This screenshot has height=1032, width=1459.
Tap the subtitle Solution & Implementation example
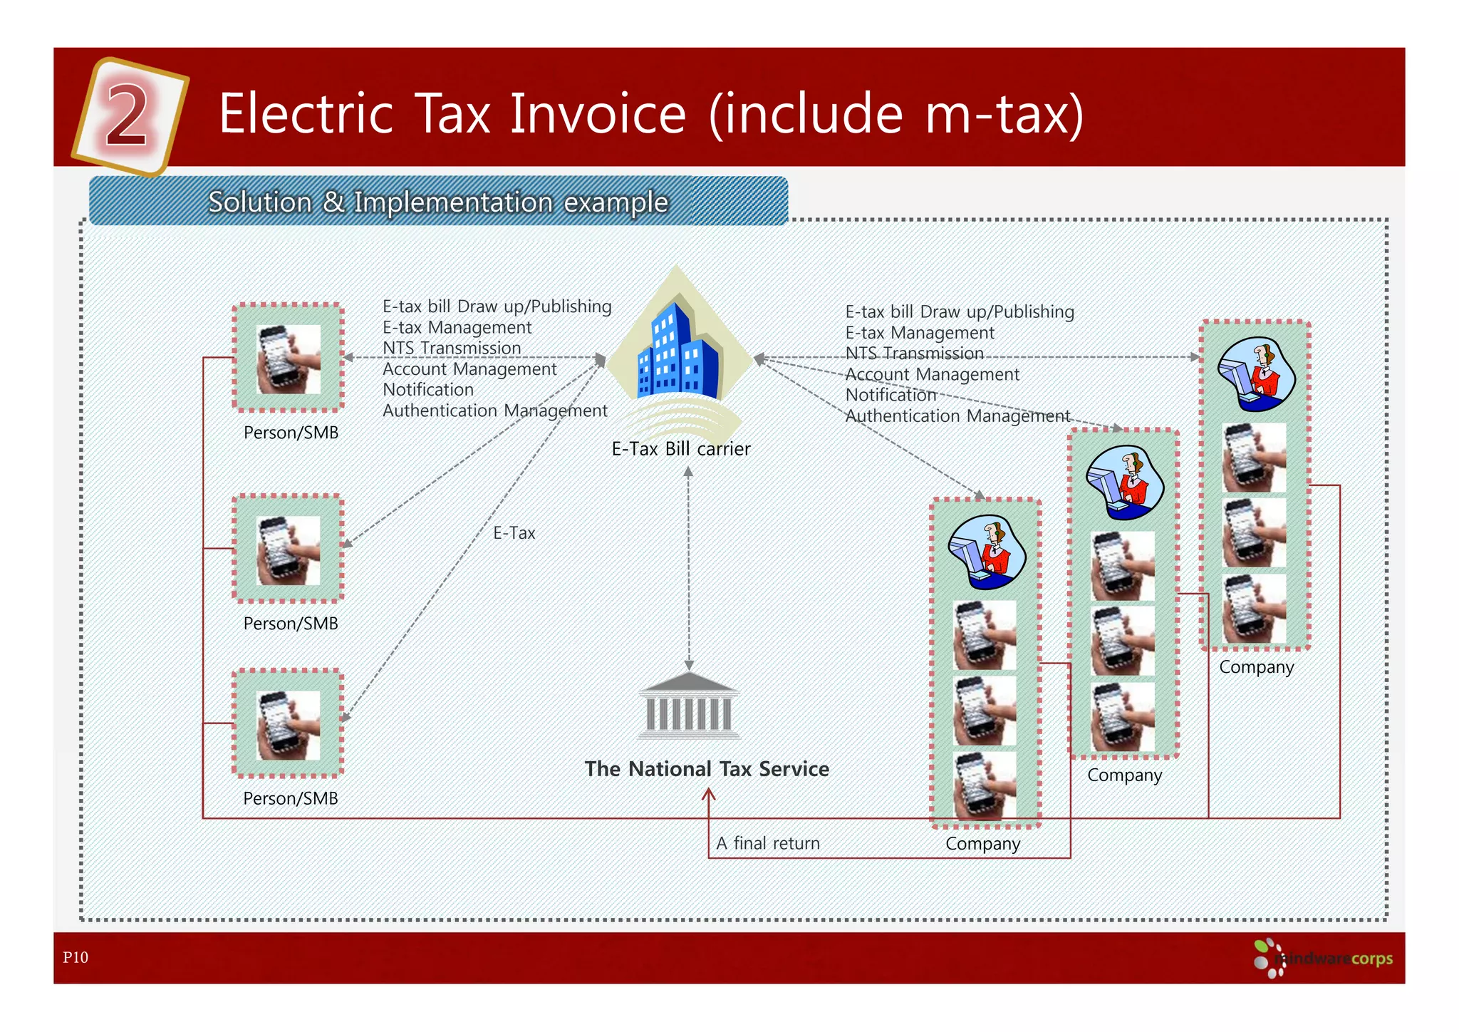pyautogui.click(x=438, y=202)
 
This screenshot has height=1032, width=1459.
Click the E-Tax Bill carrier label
pyautogui.click(x=681, y=449)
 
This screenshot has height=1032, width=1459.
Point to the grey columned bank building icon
pyautogui.click(x=689, y=706)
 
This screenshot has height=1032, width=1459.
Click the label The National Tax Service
pyautogui.click(x=707, y=769)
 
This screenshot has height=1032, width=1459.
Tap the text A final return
pyautogui.click(x=768, y=844)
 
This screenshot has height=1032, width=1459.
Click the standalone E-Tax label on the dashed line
pyautogui.click(x=514, y=533)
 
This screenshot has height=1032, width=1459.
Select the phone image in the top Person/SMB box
pyautogui.click(x=289, y=359)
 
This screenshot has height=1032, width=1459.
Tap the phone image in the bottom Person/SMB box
pyautogui.click(x=289, y=725)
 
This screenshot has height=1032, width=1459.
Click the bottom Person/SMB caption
pyautogui.click(x=291, y=799)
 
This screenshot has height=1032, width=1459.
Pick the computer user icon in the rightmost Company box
pyautogui.click(x=1257, y=374)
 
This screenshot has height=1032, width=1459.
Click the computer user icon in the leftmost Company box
pyautogui.click(x=987, y=552)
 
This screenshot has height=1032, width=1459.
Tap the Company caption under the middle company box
pyautogui.click(x=1124, y=775)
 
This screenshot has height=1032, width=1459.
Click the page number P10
pyautogui.click(x=76, y=958)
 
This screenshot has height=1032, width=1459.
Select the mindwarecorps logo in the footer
pyautogui.click(x=1324, y=959)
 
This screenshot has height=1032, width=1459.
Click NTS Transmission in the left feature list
pyautogui.click(x=452, y=348)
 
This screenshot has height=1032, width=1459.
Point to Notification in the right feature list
pyautogui.click(x=891, y=395)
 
